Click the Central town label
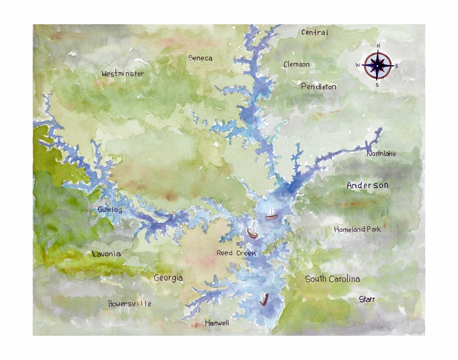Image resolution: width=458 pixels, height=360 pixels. [x=315, y=32]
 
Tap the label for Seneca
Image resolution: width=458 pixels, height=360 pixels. [x=200, y=58]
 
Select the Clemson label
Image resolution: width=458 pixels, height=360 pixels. [x=296, y=65]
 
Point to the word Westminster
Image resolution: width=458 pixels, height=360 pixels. [x=123, y=73]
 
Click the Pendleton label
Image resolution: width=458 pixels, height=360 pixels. [x=318, y=87]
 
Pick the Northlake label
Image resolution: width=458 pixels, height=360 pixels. [x=381, y=154]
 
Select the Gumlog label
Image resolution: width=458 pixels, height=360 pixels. [x=110, y=210]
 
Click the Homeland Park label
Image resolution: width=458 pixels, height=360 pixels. [x=357, y=229]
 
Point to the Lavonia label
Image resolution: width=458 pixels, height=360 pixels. [x=106, y=254]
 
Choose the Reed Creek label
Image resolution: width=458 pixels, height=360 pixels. [x=237, y=253]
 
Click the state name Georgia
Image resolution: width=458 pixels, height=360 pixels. [x=168, y=278]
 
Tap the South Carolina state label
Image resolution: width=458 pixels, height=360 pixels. [x=332, y=279]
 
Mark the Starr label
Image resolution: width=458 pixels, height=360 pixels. [x=367, y=299]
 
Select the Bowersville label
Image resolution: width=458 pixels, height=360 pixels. [x=130, y=304]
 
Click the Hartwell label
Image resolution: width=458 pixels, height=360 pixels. [x=217, y=323]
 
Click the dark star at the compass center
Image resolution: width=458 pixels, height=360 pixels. [x=377, y=65]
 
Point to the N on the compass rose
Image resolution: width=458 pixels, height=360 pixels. [x=378, y=46]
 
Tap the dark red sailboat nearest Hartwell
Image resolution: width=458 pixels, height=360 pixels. [x=264, y=299]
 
